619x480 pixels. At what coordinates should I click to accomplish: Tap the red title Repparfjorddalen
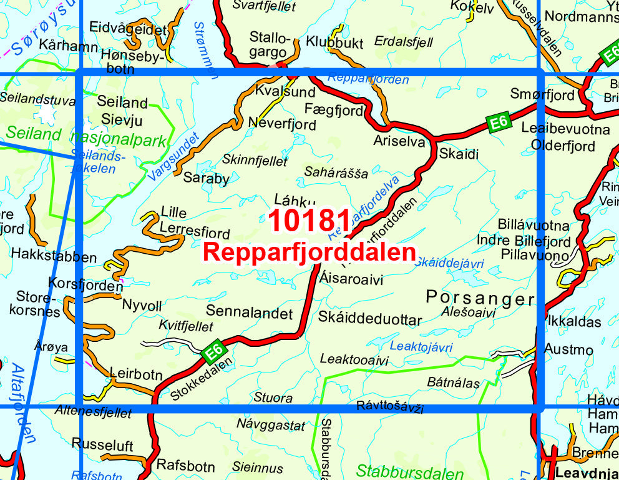coord(309,252)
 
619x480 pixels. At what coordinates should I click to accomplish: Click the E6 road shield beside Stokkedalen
coord(213,353)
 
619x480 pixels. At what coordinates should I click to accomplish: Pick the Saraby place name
coord(206,178)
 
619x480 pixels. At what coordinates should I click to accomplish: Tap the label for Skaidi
coord(459,153)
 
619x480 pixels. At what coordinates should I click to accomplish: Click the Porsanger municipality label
coord(480,298)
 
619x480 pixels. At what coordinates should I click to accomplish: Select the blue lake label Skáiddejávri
coord(450,263)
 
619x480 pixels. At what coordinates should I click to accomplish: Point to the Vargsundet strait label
coord(174,157)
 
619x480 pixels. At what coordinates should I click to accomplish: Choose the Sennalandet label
coord(249,311)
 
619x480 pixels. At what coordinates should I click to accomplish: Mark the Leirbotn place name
coord(136,375)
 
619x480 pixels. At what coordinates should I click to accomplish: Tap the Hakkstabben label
coord(54,257)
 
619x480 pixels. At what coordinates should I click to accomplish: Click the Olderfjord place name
coord(563,146)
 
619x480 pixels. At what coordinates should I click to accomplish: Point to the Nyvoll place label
coord(142,306)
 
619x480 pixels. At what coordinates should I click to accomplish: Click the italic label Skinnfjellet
coord(255,161)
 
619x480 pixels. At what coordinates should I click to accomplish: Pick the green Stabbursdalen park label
coord(409,471)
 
